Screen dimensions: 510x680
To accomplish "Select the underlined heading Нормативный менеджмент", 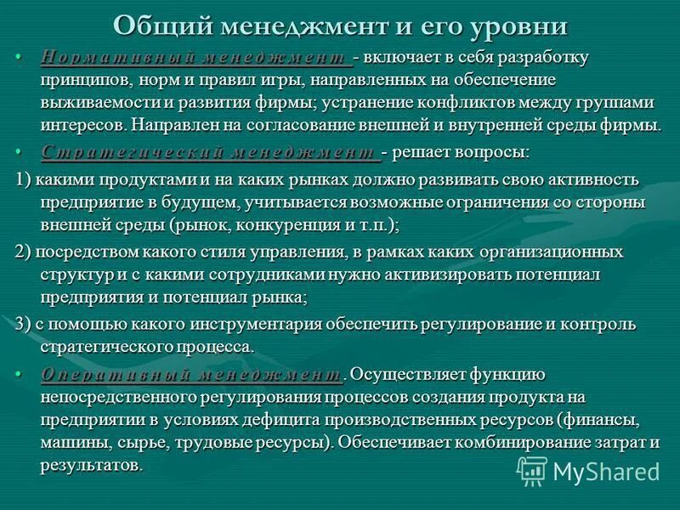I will [196, 58].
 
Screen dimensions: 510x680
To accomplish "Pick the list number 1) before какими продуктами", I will [23, 179].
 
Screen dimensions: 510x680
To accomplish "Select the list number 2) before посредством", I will [23, 252].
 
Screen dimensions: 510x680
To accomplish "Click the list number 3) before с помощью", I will [23, 324].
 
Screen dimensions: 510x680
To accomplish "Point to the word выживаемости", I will [93, 103].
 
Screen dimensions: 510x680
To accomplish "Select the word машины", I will [70, 443].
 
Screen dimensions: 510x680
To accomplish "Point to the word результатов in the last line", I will [89, 466].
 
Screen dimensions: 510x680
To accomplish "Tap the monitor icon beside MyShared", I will [532, 470].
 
